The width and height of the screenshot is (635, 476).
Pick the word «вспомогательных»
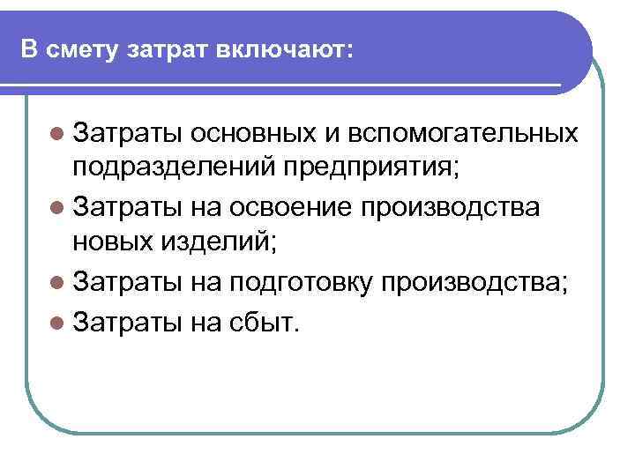(464, 133)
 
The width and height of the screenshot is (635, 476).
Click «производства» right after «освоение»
(474, 210)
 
